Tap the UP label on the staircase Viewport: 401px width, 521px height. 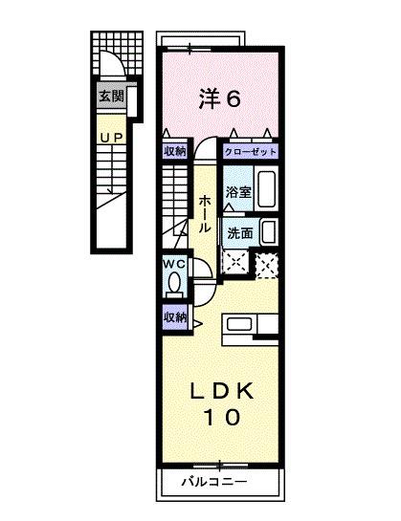coord(110,137)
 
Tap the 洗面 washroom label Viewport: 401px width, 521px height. coord(239,232)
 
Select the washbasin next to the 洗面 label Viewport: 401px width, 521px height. coord(270,231)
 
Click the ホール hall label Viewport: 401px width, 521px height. coord(205,215)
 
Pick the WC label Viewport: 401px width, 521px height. coord(173,263)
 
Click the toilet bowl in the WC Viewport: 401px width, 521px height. coord(174,284)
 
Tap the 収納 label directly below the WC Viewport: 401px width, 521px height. coord(173,317)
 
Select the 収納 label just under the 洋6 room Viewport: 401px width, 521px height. coord(173,151)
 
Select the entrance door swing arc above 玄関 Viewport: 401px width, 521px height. coord(112,69)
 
